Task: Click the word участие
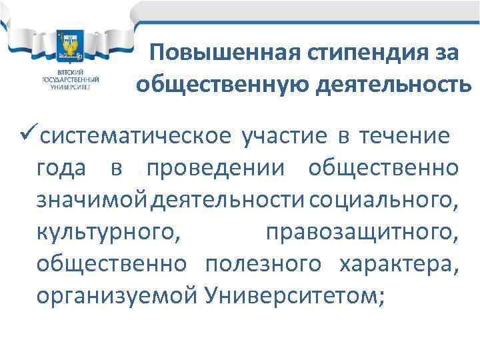(283, 137)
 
